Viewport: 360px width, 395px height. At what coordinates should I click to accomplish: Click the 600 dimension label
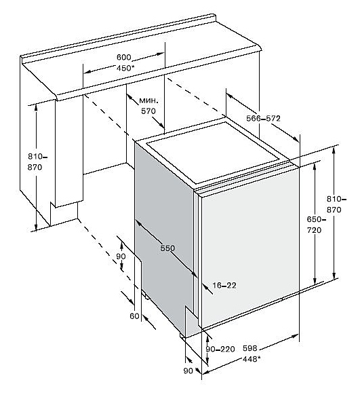pyautogui.click(x=124, y=58)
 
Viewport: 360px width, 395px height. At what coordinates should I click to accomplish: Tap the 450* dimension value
pyautogui.click(x=123, y=68)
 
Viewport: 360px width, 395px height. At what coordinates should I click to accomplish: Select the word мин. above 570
pyautogui.click(x=149, y=100)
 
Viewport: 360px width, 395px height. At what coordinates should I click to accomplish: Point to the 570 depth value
pyautogui.click(x=148, y=111)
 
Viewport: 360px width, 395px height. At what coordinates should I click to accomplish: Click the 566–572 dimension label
pyautogui.click(x=263, y=118)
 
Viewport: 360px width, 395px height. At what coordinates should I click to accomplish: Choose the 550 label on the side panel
pyautogui.click(x=167, y=248)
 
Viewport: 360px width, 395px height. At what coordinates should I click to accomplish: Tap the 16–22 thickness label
pyautogui.click(x=224, y=285)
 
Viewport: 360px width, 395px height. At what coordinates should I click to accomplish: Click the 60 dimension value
pyautogui.click(x=134, y=316)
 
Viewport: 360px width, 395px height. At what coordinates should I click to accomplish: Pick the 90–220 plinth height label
pyautogui.click(x=220, y=349)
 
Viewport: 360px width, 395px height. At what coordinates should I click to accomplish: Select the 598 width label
pyautogui.click(x=250, y=348)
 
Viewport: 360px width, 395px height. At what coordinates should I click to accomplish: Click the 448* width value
pyautogui.click(x=252, y=359)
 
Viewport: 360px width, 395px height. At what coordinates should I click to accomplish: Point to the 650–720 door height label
pyautogui.click(x=316, y=225)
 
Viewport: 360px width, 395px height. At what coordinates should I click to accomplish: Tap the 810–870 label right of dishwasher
pyautogui.click(x=336, y=204)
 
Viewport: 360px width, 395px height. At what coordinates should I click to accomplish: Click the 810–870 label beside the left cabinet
pyautogui.click(x=37, y=162)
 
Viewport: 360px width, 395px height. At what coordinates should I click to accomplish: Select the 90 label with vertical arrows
pyautogui.click(x=121, y=256)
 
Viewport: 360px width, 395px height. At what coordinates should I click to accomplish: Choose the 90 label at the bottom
pyautogui.click(x=188, y=371)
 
